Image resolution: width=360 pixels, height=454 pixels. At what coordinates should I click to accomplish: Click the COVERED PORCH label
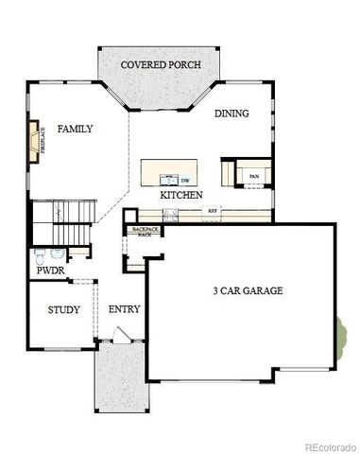(x=158, y=64)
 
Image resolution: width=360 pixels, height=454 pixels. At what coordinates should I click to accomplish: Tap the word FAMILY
(x=75, y=128)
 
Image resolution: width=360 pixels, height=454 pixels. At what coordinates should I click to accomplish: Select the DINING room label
(x=231, y=113)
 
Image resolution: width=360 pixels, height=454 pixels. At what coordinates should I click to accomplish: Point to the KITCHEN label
(x=180, y=194)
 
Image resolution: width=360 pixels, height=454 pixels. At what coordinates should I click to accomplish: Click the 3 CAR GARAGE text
(x=247, y=290)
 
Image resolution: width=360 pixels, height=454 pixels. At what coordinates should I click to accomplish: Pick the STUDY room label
(x=63, y=309)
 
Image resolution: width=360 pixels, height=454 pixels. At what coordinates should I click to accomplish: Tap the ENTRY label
(x=124, y=309)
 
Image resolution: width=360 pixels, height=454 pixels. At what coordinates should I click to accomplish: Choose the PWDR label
(x=49, y=271)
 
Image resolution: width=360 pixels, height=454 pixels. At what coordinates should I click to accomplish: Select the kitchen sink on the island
(x=169, y=178)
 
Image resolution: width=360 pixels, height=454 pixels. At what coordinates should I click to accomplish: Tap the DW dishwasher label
(x=185, y=179)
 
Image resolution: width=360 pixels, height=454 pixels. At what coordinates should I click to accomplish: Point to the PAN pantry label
(x=253, y=176)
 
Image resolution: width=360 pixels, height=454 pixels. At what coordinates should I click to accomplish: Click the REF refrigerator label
(x=213, y=210)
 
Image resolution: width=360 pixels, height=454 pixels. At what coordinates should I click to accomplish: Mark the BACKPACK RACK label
(x=145, y=231)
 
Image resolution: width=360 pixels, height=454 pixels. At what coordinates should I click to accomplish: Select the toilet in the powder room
(x=41, y=254)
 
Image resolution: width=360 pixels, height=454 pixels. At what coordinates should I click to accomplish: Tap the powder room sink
(x=59, y=253)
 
